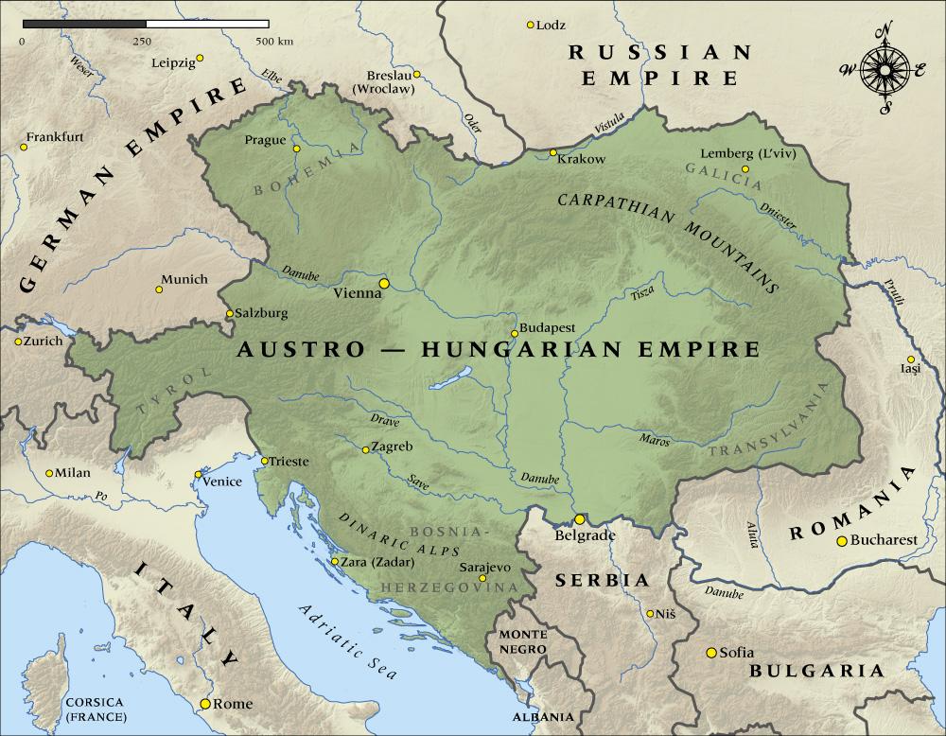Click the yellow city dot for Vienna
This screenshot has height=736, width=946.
click(384, 282)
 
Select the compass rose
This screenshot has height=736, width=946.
click(885, 70)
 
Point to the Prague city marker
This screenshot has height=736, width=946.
click(296, 149)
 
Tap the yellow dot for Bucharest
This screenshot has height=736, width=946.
click(841, 541)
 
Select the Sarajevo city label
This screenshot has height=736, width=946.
click(484, 566)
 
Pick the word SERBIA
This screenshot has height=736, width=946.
click(602, 580)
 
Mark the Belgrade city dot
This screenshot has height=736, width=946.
click(579, 519)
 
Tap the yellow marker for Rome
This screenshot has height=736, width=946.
click(204, 704)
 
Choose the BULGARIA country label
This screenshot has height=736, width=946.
click(815, 671)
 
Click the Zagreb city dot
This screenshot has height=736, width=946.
click(365, 449)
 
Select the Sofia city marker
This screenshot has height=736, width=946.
click(710, 653)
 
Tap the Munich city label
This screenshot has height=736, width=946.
click(183, 280)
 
